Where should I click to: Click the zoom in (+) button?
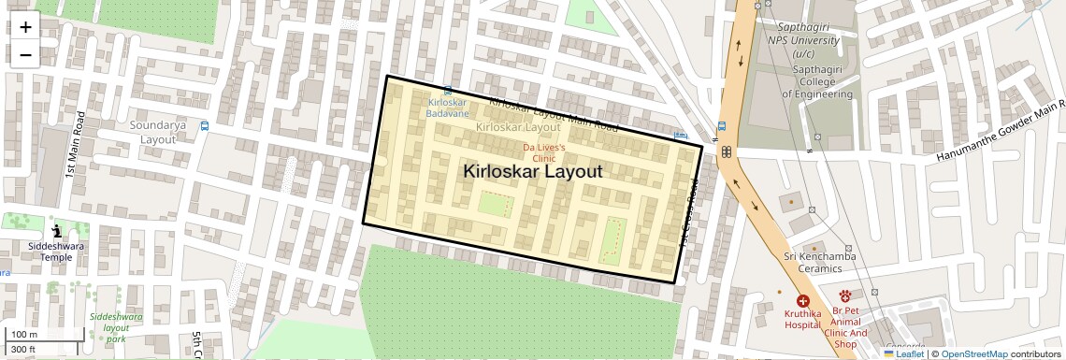tap(25, 27)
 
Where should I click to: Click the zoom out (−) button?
tap(25, 55)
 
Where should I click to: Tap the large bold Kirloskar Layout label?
tap(532, 172)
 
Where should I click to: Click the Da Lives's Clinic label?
tap(543, 153)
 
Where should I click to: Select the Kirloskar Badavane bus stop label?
tap(447, 107)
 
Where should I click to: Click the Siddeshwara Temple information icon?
tap(56, 231)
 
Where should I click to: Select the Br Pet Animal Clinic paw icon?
tap(844, 296)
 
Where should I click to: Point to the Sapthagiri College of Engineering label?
tap(817, 81)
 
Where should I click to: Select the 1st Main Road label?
tap(73, 145)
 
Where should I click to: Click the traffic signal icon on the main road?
tap(725, 152)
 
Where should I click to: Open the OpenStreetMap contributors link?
tap(974, 354)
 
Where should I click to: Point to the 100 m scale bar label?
tap(23, 334)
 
